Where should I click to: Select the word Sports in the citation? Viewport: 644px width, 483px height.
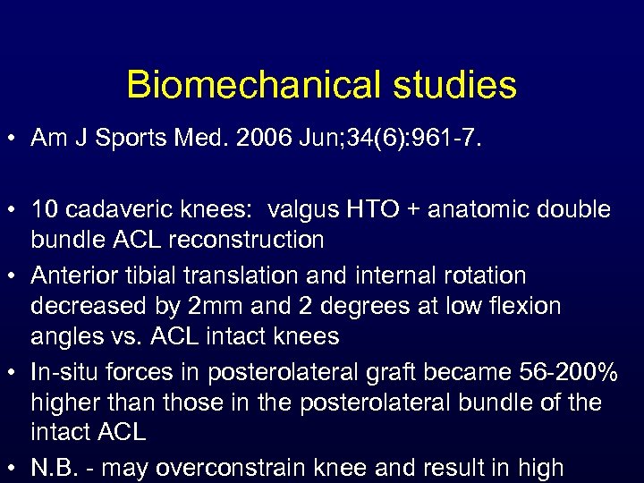(x=126, y=139)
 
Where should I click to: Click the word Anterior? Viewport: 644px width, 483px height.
(x=68, y=275)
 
